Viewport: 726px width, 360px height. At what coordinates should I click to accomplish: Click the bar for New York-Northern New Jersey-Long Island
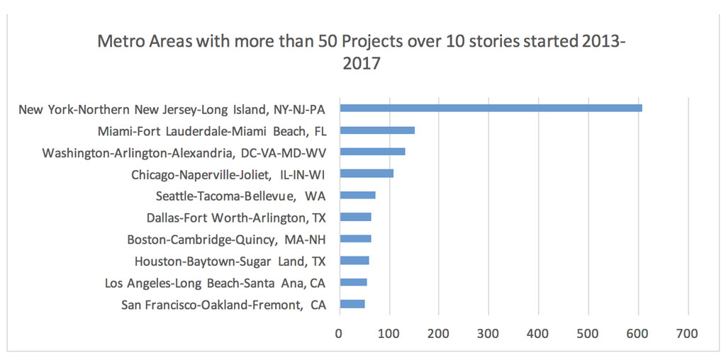(x=491, y=108)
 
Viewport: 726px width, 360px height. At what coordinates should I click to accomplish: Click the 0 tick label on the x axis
(x=339, y=333)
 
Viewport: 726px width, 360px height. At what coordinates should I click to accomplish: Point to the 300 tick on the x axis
(x=488, y=333)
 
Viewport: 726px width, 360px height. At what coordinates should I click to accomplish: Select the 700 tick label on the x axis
(x=688, y=333)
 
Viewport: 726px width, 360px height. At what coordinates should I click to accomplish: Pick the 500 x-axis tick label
(x=588, y=333)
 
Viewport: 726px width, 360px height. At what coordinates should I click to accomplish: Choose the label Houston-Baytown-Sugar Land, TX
(x=235, y=261)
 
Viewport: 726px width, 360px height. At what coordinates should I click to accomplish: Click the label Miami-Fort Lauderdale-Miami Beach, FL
(x=216, y=130)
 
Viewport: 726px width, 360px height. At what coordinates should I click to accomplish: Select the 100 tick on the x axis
(x=389, y=333)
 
